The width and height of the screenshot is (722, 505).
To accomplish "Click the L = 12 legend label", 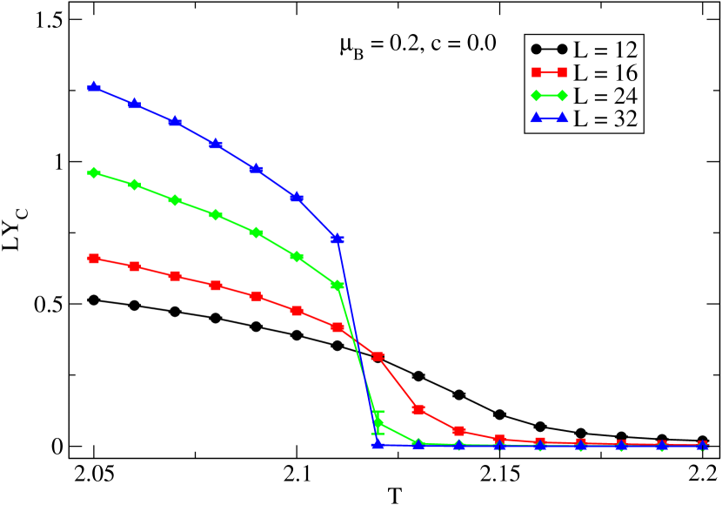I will (x=605, y=49).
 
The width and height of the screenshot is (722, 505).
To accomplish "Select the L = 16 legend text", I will (x=605, y=72).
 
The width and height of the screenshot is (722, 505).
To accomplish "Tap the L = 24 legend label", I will (x=605, y=96).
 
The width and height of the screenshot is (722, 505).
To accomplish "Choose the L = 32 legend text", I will (x=605, y=119).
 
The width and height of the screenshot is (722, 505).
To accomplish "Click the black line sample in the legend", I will (x=549, y=48).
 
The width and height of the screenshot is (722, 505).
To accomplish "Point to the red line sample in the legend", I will (x=549, y=71).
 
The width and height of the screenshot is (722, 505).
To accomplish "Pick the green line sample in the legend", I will (x=549, y=95).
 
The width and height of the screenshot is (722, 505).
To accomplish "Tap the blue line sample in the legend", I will (x=549, y=118).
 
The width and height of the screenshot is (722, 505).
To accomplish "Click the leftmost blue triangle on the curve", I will (x=94, y=87).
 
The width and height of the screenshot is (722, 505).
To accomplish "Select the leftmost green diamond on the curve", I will (x=94, y=172).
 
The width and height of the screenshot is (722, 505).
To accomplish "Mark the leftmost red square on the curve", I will (x=94, y=259).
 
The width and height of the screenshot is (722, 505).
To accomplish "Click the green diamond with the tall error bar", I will (x=378, y=422).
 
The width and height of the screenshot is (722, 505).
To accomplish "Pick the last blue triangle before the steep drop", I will (x=338, y=238).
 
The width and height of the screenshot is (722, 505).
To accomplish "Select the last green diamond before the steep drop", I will (x=338, y=285).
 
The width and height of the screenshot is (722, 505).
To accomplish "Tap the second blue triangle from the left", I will (x=134, y=104).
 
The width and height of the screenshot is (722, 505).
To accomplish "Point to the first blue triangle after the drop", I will (x=378, y=443).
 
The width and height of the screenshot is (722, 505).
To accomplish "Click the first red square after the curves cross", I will (x=378, y=356).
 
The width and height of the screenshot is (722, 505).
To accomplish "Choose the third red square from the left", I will (x=175, y=276).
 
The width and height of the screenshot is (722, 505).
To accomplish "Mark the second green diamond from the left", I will (x=134, y=185).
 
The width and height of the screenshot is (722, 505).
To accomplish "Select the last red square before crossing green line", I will (x=338, y=327).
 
